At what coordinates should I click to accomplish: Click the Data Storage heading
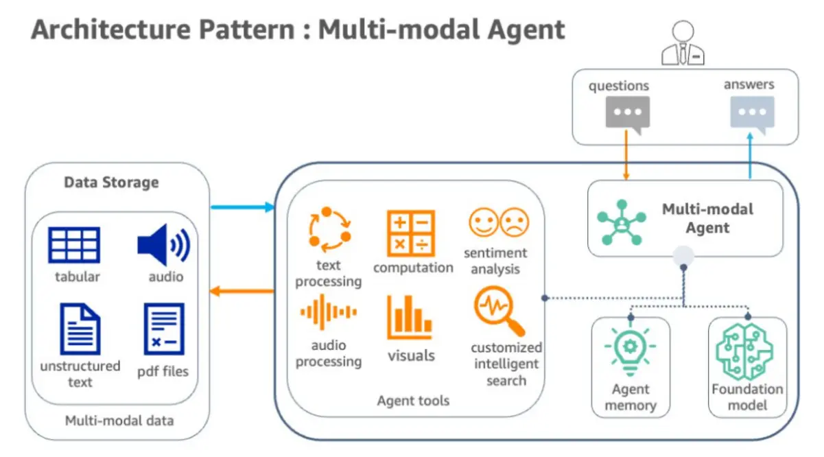click(111, 183)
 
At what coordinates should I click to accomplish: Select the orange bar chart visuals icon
click(410, 317)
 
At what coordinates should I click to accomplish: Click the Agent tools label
click(413, 401)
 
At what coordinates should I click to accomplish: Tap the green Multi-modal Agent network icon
click(622, 222)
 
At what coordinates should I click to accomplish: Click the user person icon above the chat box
click(683, 44)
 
